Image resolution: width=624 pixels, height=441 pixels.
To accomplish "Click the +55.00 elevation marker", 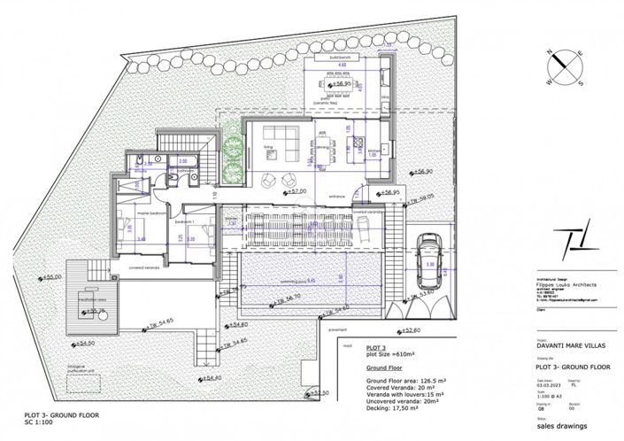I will click(52, 277).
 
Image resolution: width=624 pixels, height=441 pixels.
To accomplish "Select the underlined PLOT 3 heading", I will click(378, 348).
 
